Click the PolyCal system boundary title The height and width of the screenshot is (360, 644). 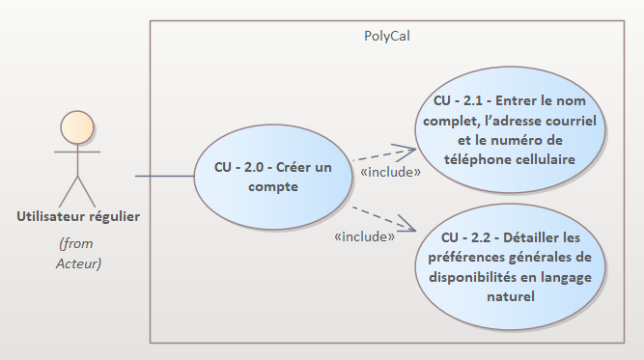(387, 37)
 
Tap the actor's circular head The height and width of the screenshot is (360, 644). (77, 127)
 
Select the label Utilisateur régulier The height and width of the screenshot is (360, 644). (78, 217)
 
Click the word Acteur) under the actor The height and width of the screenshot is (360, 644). (78, 263)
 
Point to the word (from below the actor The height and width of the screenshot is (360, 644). (76, 244)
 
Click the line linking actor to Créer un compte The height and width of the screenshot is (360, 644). (165, 176)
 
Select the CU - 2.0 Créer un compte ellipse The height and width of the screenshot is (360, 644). (273, 177)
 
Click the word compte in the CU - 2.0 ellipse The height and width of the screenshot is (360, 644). (273, 187)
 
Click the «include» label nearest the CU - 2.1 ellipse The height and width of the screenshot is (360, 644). (391, 172)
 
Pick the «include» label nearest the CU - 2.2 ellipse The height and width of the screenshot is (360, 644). (365, 236)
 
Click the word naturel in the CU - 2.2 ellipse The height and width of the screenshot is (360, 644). (511, 296)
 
